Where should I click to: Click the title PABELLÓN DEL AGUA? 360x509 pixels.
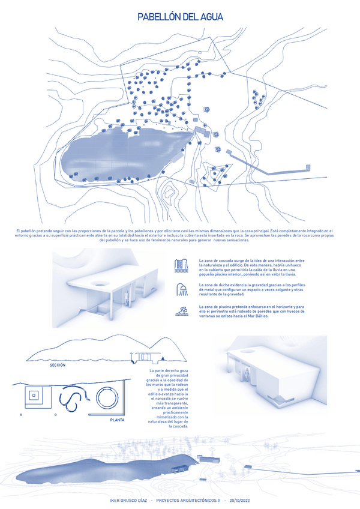[179, 17]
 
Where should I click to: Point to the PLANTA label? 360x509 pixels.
[118, 420]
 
